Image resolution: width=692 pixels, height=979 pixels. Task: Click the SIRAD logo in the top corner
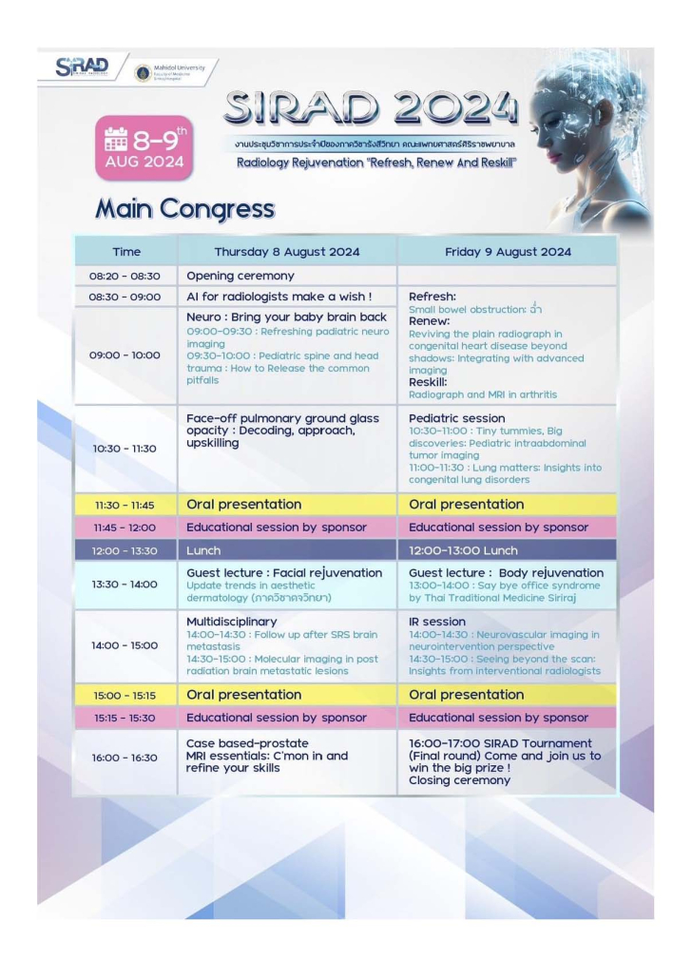pyautogui.click(x=84, y=67)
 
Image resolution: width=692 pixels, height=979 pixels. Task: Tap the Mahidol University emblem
pyautogui.click(x=144, y=72)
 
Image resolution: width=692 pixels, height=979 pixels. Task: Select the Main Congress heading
pyautogui.click(x=184, y=209)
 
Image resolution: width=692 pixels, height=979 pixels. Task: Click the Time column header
pyautogui.click(x=125, y=252)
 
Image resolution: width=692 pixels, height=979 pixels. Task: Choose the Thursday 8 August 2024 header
pyautogui.click(x=286, y=252)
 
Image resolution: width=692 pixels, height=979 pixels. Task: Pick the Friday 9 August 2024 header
pyautogui.click(x=508, y=252)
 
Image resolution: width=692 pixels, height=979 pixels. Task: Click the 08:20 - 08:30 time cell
pyautogui.click(x=125, y=277)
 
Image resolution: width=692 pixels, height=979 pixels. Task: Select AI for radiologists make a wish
pyautogui.click(x=279, y=297)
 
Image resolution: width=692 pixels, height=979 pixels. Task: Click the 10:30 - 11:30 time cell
pyautogui.click(x=125, y=449)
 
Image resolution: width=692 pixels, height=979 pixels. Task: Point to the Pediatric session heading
pyautogui.click(x=456, y=418)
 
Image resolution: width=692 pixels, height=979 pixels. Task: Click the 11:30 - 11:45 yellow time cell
pyautogui.click(x=125, y=505)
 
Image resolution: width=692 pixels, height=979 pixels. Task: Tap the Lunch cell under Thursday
pyautogui.click(x=203, y=550)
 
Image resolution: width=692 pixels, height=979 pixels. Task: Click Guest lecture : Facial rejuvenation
pyautogui.click(x=284, y=573)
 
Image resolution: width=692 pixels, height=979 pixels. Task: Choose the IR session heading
pyautogui.click(x=437, y=622)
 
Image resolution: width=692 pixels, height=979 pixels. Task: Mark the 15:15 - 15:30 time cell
pyautogui.click(x=125, y=718)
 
